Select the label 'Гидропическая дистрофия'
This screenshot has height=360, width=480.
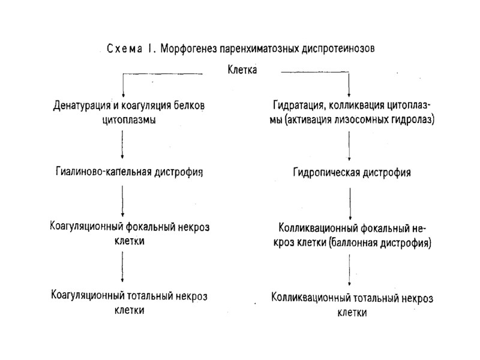coord(352,173)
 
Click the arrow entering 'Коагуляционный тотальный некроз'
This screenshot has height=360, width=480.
coord(123,268)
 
